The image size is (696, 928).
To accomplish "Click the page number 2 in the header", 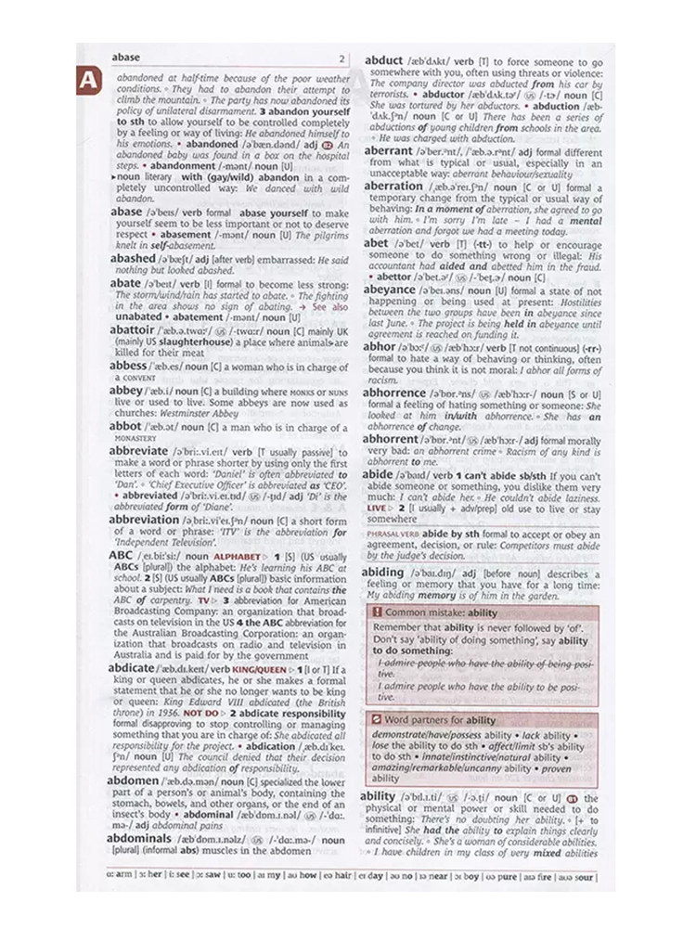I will pyautogui.click(x=342, y=58).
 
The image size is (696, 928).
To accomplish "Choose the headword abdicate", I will pyautogui.click(x=132, y=668).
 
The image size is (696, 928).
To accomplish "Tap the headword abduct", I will pyautogui.click(x=383, y=61).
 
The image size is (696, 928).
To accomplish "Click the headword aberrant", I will pyautogui.click(x=388, y=149).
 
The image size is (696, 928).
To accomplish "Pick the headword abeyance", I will pyautogui.click(x=390, y=290).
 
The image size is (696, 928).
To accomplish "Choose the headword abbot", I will pyautogui.click(x=125, y=427).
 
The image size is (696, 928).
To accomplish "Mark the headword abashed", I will pyautogui.click(x=133, y=258).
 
